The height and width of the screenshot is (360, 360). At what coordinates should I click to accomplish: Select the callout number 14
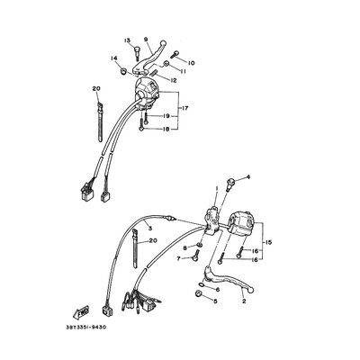pos(114,59)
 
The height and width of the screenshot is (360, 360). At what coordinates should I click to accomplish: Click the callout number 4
pos(249,178)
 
